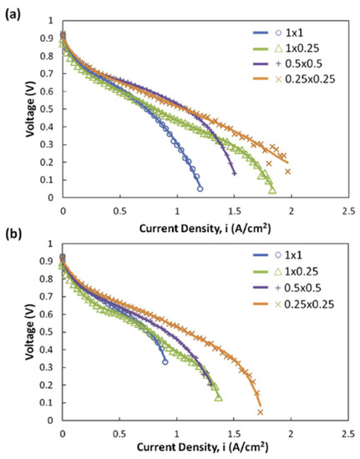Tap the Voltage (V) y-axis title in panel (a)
[30, 108]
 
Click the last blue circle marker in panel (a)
[200, 189]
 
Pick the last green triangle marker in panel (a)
[272, 190]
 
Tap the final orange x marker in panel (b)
[261, 411]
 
